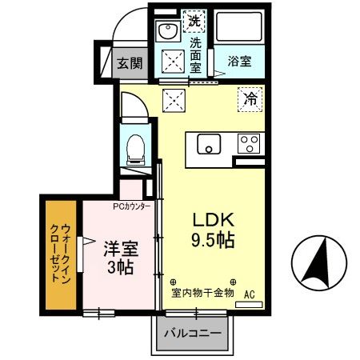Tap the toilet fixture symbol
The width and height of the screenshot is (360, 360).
tap(134, 149)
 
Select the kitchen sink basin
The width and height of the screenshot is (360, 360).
tap(208, 144)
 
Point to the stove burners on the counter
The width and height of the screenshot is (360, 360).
tap(249, 144)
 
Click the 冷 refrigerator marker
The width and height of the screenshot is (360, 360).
tap(250, 101)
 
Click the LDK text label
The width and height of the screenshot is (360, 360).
tap(212, 218)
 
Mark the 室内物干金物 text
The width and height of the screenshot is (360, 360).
tap(202, 293)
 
